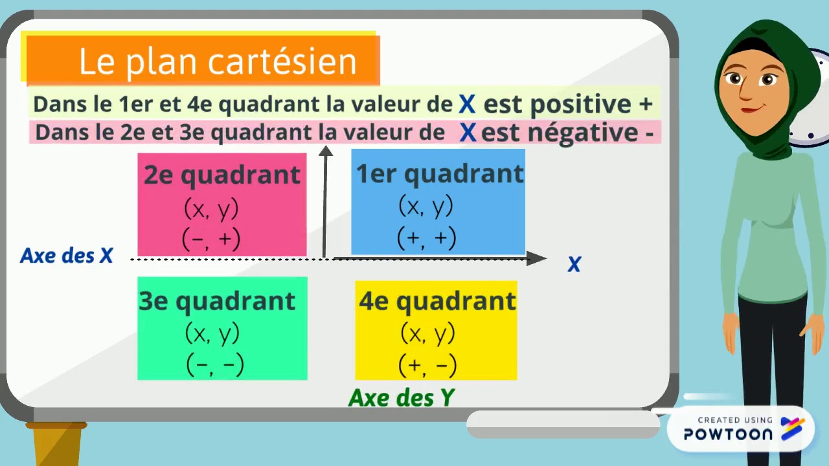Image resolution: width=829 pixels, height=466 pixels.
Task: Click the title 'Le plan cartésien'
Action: [x=218, y=61]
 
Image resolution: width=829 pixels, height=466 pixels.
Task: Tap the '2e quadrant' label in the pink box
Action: [x=222, y=175]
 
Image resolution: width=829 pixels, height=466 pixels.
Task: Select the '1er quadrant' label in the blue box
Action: [x=440, y=173]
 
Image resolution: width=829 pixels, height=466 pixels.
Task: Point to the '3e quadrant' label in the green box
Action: [x=217, y=301]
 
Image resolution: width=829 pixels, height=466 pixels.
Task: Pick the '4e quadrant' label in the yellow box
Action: [x=437, y=301]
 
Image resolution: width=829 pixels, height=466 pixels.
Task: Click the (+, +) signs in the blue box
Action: [x=426, y=238]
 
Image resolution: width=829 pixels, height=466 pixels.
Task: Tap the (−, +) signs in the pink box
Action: [x=211, y=239]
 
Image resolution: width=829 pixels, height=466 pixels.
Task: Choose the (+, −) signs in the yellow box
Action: [x=427, y=366]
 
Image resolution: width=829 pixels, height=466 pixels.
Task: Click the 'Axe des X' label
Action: [x=67, y=256]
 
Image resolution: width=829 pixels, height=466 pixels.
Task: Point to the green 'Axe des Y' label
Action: [x=402, y=397]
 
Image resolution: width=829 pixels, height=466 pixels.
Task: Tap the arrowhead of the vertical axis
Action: [x=325, y=151]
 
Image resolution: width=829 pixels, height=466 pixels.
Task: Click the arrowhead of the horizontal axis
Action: [x=536, y=259]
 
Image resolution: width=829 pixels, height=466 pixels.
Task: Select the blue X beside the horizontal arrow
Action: [x=574, y=264]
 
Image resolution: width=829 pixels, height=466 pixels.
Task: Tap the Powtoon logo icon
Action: [x=793, y=428]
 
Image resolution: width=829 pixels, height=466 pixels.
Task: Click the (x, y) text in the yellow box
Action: [x=427, y=334]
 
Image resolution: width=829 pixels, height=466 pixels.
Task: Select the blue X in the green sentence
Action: [x=467, y=104]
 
